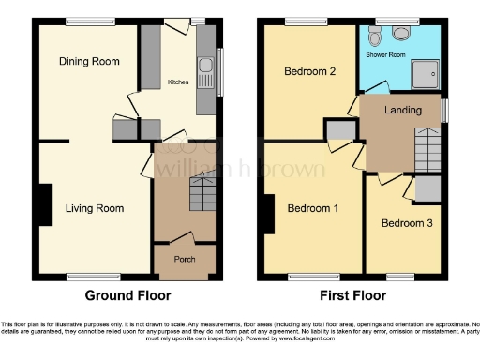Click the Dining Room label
90,62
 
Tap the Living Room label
94,208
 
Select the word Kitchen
178,82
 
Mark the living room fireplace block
45,203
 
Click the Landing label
403,111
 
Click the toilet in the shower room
374,35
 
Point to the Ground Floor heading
127,294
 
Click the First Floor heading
352,294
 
